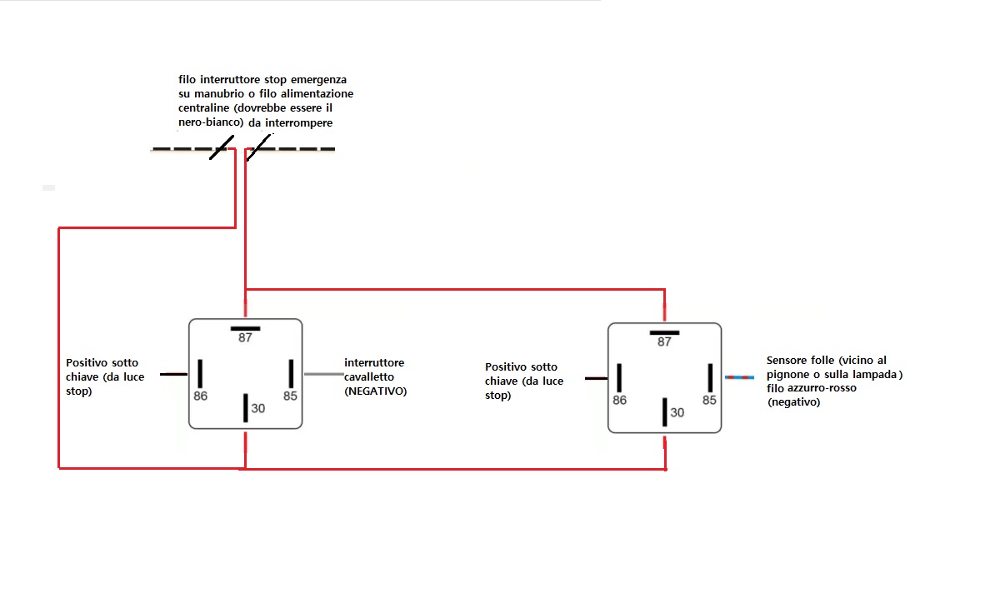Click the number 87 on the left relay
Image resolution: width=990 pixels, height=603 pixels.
[x=245, y=338]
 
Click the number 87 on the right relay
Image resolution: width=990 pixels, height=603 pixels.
[x=664, y=341]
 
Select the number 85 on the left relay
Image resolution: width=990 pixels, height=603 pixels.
[x=290, y=396]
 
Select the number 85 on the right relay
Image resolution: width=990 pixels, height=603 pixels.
[x=709, y=401]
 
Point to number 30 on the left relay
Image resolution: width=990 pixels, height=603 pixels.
[x=258, y=409]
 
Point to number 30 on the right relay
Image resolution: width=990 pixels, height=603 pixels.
[x=677, y=412]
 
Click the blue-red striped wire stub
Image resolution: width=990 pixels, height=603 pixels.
[x=739, y=377]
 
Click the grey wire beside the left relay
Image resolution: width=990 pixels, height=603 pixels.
[x=324, y=374]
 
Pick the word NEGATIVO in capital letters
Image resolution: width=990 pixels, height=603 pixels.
[x=377, y=391]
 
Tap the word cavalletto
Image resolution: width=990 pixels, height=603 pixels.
[x=368, y=376]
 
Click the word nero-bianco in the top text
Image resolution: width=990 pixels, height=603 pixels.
[x=210, y=122]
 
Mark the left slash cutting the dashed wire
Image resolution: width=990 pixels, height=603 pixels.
[x=222, y=147]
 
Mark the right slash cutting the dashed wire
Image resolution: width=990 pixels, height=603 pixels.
[x=259, y=147]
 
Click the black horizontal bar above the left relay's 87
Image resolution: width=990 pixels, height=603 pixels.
[x=245, y=329]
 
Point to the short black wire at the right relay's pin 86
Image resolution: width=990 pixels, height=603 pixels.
[x=596, y=378]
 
